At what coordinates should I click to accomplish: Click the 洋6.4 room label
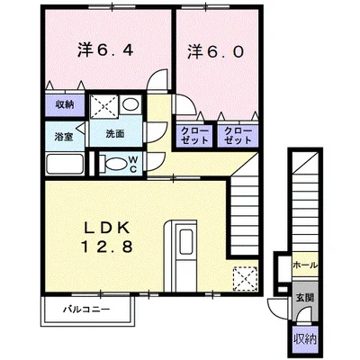pos(105,50)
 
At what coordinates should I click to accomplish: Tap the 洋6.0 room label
pos(215,52)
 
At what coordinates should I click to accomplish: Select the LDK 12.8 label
pos(106,238)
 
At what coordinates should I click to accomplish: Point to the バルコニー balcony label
pos(86,310)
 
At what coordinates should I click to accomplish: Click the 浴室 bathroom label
pos(64,137)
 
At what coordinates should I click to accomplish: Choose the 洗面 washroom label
pos(115,134)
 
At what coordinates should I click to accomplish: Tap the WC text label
pos(133,164)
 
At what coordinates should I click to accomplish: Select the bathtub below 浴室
pos(65,164)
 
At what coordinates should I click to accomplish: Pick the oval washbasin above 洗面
pos(130,104)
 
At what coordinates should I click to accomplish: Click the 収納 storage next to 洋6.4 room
pos(65,105)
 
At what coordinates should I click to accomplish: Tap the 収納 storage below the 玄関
pos(305,339)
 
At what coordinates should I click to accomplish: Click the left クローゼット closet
pos(194,136)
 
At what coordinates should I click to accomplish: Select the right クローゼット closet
pos(238,136)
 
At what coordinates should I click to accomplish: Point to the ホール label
pos(305,265)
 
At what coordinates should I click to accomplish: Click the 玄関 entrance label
pos(305,298)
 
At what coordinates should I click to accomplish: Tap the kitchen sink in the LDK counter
pos(186,242)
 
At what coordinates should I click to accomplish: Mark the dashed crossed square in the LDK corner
pos(245,279)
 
